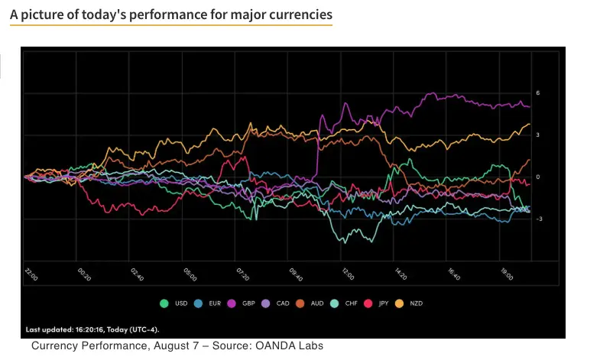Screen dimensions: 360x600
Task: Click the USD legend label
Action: tap(180, 303)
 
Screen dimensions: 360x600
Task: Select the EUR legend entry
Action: tap(215, 303)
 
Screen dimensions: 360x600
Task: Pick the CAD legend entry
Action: tap(282, 303)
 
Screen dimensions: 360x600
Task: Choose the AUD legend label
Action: tap(316, 303)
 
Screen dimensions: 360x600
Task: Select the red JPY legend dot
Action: tap(372, 303)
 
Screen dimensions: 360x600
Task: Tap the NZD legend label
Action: tap(415, 303)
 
